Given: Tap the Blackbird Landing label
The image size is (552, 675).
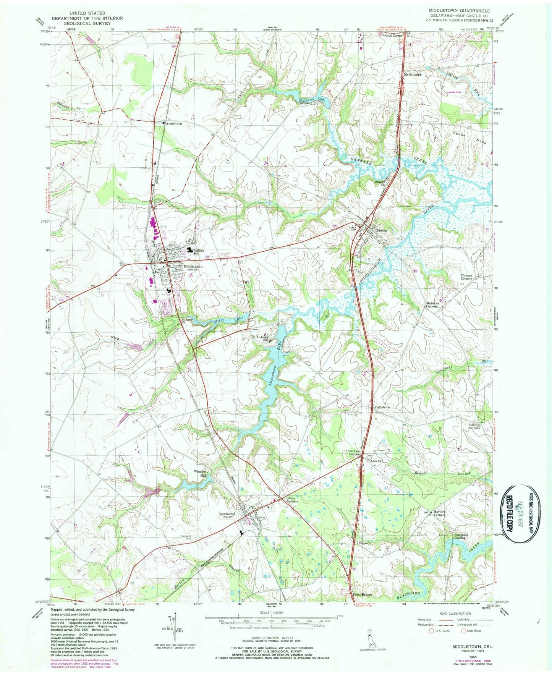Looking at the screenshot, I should pyautogui.click(x=461, y=536).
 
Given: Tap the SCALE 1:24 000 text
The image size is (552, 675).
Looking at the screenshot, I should pyautogui.click(x=272, y=617).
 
